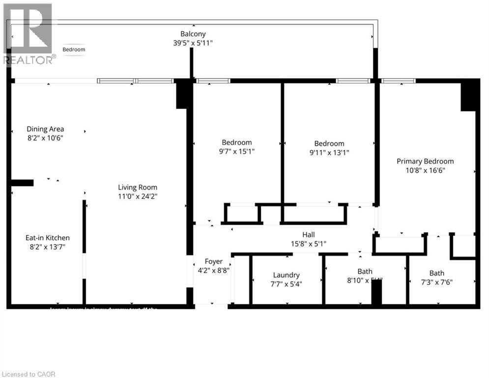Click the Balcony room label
point(193,34)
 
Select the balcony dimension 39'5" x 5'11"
point(193,43)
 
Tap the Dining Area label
point(45,129)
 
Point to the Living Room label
point(138,187)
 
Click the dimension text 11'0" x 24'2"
point(138,196)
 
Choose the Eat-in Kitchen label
point(48,237)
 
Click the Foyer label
point(214,261)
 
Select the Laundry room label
point(286,275)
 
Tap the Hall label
point(308,235)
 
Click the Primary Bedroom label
point(425,161)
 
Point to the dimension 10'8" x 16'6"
point(425,170)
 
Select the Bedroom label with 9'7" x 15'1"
point(237,143)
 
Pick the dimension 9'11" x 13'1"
point(329,152)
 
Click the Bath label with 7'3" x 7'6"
point(436,273)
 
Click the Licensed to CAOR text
point(28,374)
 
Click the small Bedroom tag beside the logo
point(74,49)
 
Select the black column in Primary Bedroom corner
point(469,95)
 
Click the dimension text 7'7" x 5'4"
point(286,284)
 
